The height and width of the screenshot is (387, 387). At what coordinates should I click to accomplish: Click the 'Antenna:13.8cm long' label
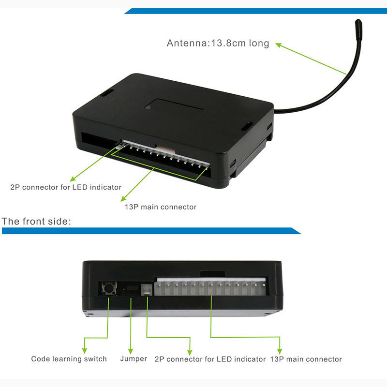(218, 43)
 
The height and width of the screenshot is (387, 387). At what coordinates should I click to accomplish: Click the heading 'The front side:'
(37, 222)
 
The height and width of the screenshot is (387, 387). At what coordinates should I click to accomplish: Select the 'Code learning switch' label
(69, 359)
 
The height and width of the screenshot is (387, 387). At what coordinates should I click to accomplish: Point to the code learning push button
(108, 289)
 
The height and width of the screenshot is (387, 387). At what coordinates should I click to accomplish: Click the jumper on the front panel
(131, 290)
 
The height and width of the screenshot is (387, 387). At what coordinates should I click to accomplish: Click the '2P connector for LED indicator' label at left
(66, 187)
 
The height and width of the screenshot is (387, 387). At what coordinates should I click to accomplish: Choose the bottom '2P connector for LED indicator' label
(210, 359)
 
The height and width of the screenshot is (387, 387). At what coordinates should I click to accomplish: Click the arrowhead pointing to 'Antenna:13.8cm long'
(279, 45)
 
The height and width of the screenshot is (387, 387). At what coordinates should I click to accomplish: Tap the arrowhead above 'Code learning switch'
(85, 350)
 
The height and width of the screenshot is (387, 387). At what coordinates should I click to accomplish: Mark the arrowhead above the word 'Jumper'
(130, 350)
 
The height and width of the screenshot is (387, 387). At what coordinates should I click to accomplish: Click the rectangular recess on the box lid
(176, 105)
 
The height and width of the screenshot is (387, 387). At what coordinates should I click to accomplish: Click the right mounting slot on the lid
(247, 126)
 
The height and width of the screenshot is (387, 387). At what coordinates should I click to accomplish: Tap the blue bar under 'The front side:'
(150, 231)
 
